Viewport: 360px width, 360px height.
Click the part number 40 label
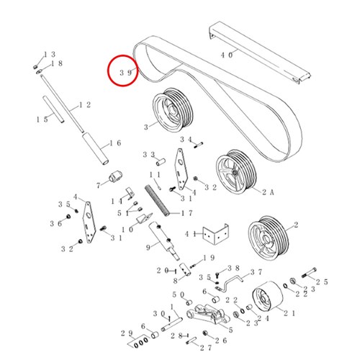(x=227, y=55)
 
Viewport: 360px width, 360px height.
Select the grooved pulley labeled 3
(x=173, y=110)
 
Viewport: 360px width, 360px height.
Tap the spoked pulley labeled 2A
(x=235, y=172)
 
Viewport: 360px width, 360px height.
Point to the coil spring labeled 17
(x=157, y=200)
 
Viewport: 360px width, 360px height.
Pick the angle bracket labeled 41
(x=215, y=234)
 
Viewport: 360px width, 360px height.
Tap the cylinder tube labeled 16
(x=95, y=148)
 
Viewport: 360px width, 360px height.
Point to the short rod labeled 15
(x=53, y=109)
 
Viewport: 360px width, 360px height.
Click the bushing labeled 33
(x=161, y=162)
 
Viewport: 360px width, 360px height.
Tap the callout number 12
(x=85, y=105)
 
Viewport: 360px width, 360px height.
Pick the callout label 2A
(x=268, y=192)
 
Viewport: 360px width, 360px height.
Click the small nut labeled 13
(x=35, y=66)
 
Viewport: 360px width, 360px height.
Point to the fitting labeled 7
(x=116, y=176)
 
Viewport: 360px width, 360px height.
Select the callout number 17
(x=186, y=213)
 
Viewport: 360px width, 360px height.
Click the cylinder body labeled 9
(x=163, y=240)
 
